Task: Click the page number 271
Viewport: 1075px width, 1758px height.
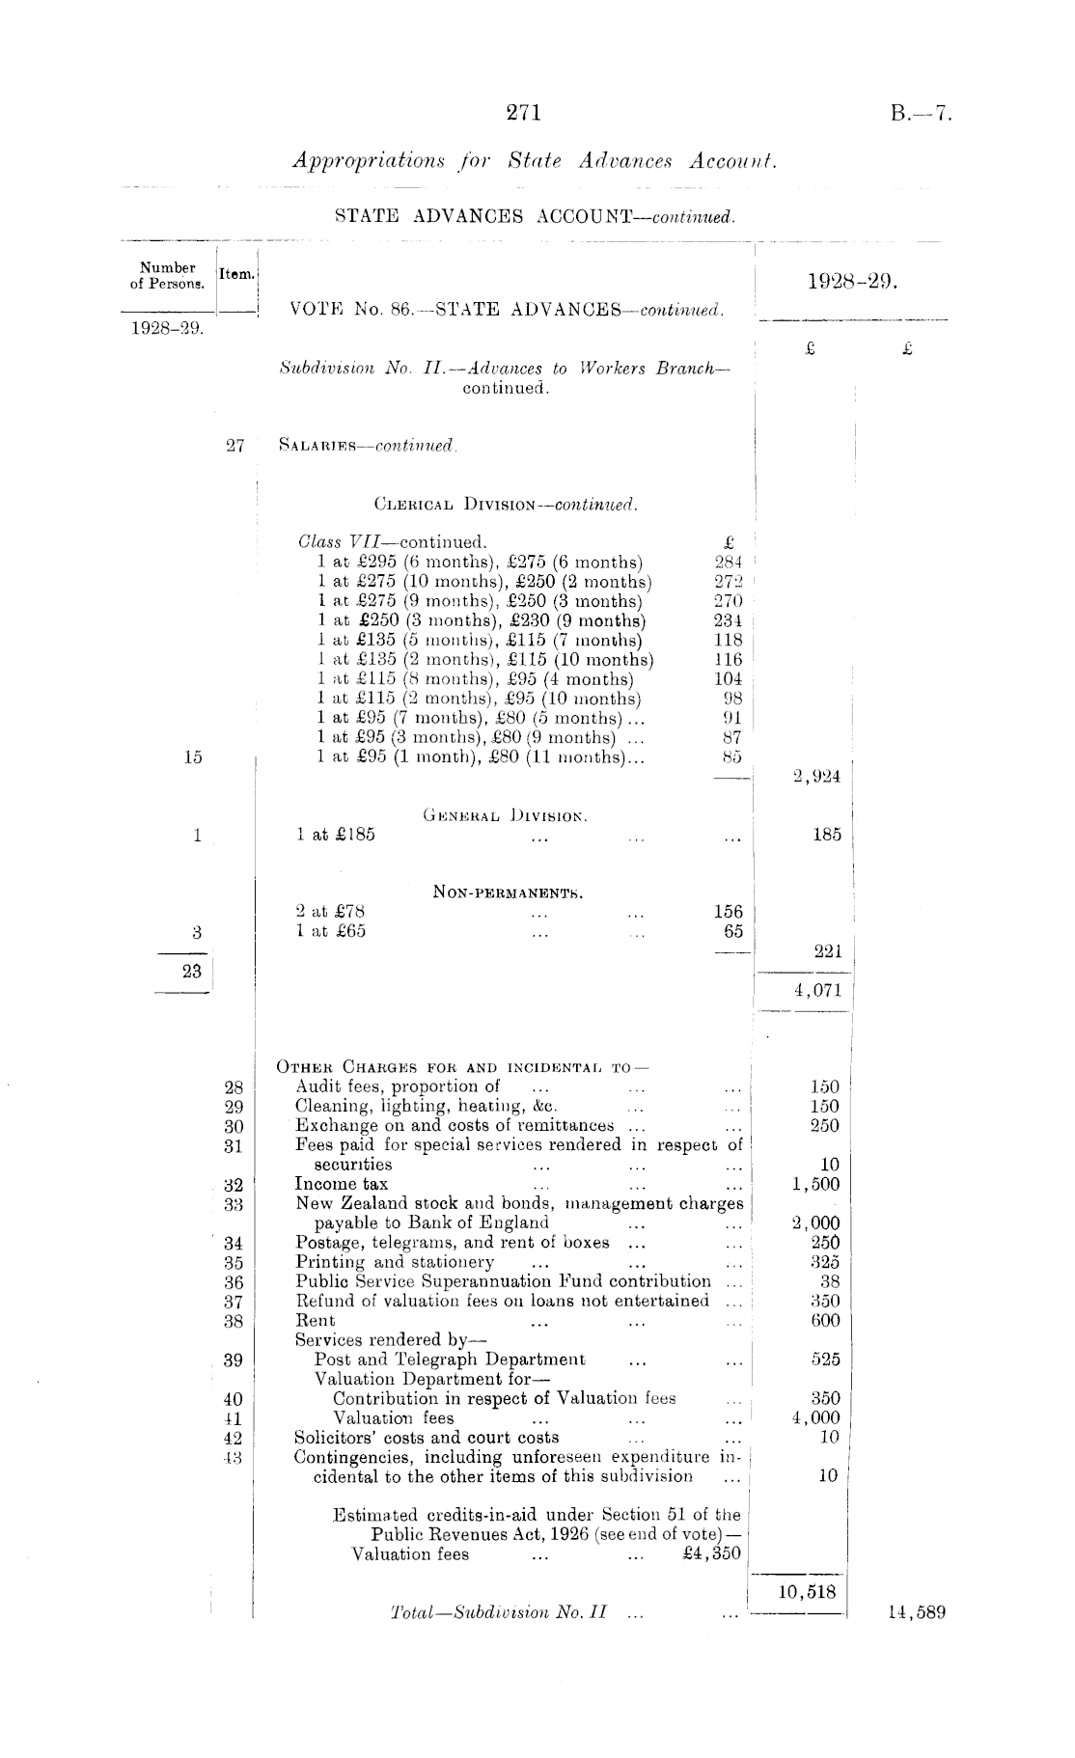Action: pyautogui.click(x=524, y=113)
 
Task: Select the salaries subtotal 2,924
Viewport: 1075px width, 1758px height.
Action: pyautogui.click(x=816, y=778)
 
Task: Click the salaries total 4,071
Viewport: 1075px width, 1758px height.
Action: pyautogui.click(x=816, y=990)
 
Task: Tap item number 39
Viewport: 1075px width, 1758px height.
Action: pyautogui.click(x=234, y=1360)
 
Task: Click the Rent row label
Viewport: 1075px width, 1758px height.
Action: pyautogui.click(x=316, y=1321)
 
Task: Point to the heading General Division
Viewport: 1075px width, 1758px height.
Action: pyautogui.click(x=506, y=815)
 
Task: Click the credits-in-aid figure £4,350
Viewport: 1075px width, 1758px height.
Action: pyautogui.click(x=711, y=1553)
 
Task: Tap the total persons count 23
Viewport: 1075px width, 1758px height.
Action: pyautogui.click(x=192, y=971)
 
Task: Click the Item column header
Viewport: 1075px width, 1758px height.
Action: pyautogui.click(x=236, y=274)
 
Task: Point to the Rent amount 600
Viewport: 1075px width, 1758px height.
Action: pyautogui.click(x=825, y=1321)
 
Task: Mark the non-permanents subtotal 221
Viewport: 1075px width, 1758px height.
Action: pyautogui.click(x=826, y=951)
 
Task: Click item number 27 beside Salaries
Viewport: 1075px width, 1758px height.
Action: pyautogui.click(x=234, y=446)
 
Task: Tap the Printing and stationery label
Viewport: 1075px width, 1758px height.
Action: pyautogui.click(x=395, y=1262)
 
